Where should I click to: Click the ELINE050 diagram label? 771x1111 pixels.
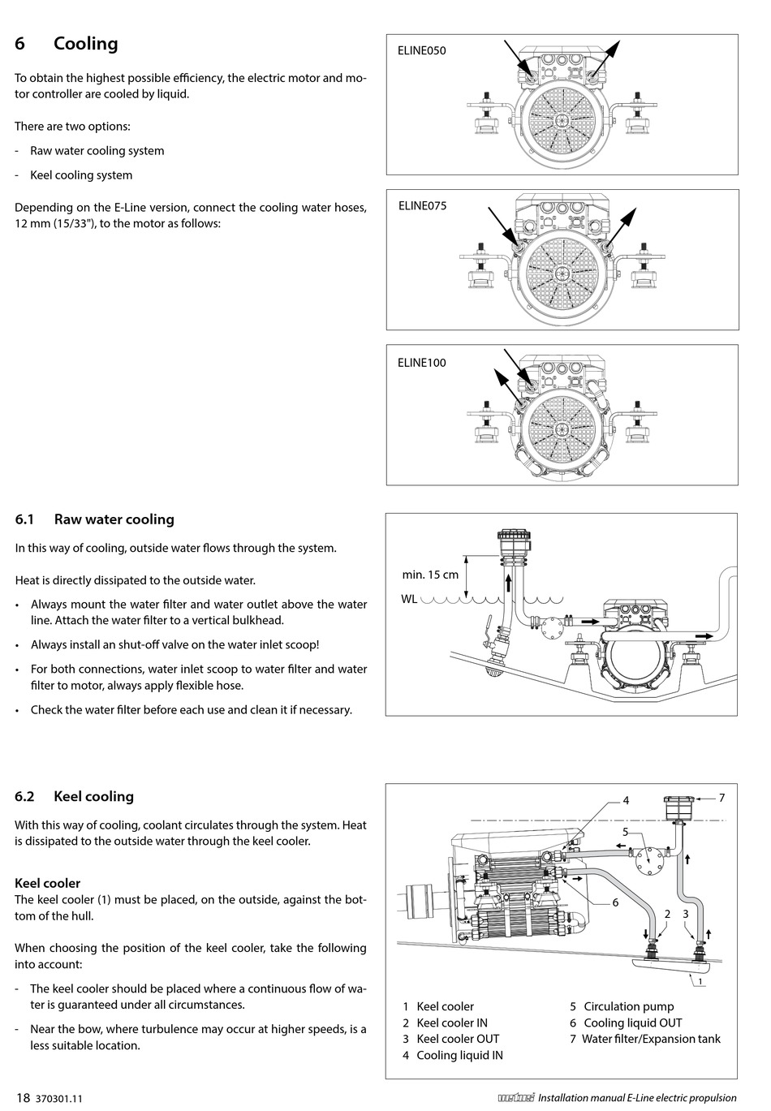pyautogui.click(x=421, y=50)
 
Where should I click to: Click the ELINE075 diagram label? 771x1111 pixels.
pyautogui.click(x=422, y=206)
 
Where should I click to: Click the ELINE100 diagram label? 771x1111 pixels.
pyautogui.click(x=421, y=363)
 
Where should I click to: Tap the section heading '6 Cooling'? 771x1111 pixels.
pyautogui.click(x=67, y=44)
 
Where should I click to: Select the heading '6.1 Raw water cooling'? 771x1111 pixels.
pyautogui.click(x=95, y=519)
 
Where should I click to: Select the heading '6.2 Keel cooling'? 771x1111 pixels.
pyautogui.click(x=75, y=796)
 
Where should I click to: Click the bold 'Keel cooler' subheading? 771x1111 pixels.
pyautogui.click(x=48, y=883)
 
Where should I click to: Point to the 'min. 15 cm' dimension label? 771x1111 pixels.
pyautogui.click(x=430, y=575)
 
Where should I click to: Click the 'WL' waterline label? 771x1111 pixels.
pyautogui.click(x=409, y=600)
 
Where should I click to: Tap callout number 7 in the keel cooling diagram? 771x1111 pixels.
pyautogui.click(x=721, y=798)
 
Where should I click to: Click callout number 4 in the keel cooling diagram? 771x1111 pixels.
pyautogui.click(x=626, y=800)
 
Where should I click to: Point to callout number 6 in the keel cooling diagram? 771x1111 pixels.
pyautogui.click(x=615, y=902)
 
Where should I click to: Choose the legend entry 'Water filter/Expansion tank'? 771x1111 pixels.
pyautogui.click(x=651, y=1039)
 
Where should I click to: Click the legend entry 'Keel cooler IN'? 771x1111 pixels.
pyautogui.click(x=451, y=1023)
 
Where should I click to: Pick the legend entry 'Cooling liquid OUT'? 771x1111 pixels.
pyautogui.click(x=632, y=1023)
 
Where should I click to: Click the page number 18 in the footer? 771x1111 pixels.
pyautogui.click(x=22, y=1098)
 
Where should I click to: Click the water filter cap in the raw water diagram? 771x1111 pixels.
pyautogui.click(x=510, y=536)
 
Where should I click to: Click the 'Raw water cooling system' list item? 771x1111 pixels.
pyautogui.click(x=97, y=151)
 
